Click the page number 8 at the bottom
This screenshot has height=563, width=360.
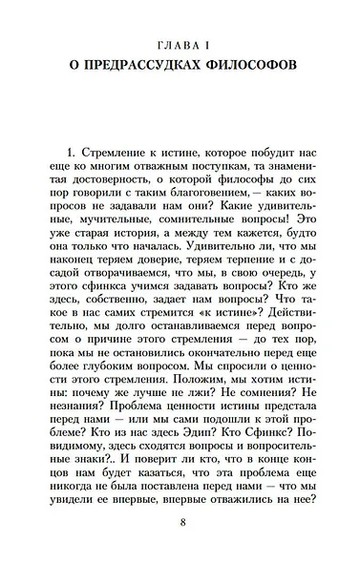180,522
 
